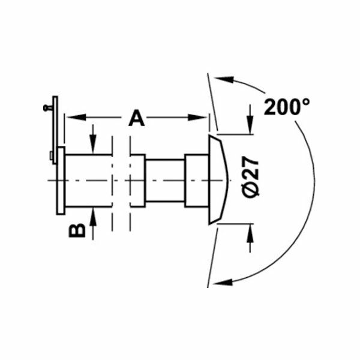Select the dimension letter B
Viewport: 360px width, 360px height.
[x=77, y=229]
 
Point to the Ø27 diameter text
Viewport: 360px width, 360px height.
[x=253, y=178]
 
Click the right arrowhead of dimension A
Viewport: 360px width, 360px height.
[x=203, y=118]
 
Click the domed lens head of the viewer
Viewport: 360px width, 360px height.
[x=218, y=180]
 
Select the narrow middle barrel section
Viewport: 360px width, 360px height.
[x=164, y=180]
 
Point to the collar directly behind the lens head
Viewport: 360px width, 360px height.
[x=196, y=180]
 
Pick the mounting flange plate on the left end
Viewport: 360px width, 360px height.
[x=61, y=180]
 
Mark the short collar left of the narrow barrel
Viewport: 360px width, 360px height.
[x=137, y=180]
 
